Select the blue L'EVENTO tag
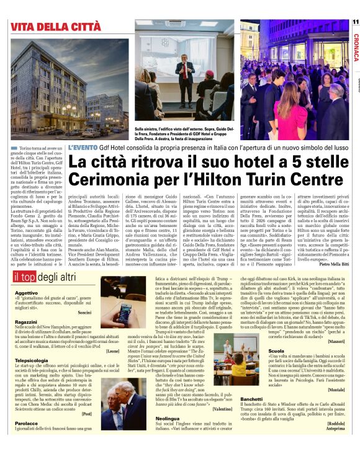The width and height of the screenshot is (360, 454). [82, 146]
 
